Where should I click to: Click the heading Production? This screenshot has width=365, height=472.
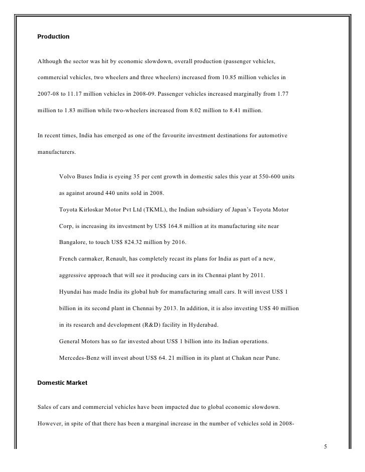54,37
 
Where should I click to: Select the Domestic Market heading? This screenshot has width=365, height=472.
63,383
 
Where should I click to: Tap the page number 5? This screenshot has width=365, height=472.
325,447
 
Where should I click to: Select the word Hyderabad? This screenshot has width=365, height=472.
201,325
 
